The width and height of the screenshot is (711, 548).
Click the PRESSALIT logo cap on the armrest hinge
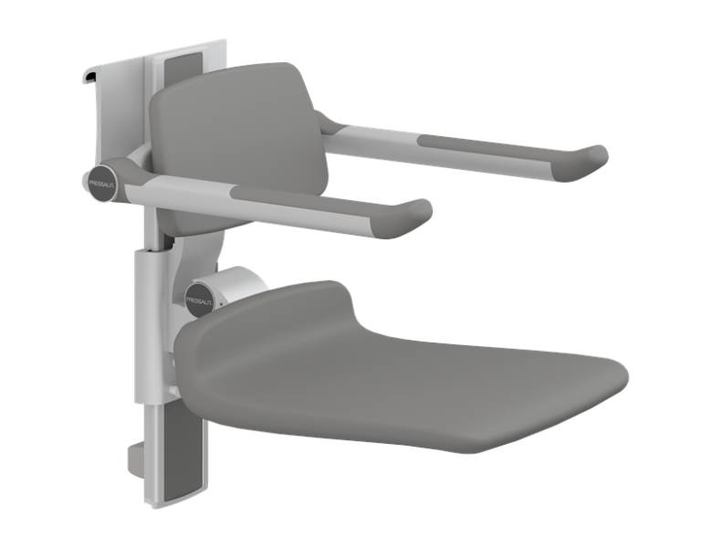[x=100, y=179]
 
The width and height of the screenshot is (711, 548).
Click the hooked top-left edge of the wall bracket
[x=89, y=77]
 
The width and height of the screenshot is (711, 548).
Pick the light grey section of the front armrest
[x=183, y=189]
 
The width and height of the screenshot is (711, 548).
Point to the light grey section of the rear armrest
[x=374, y=136]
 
